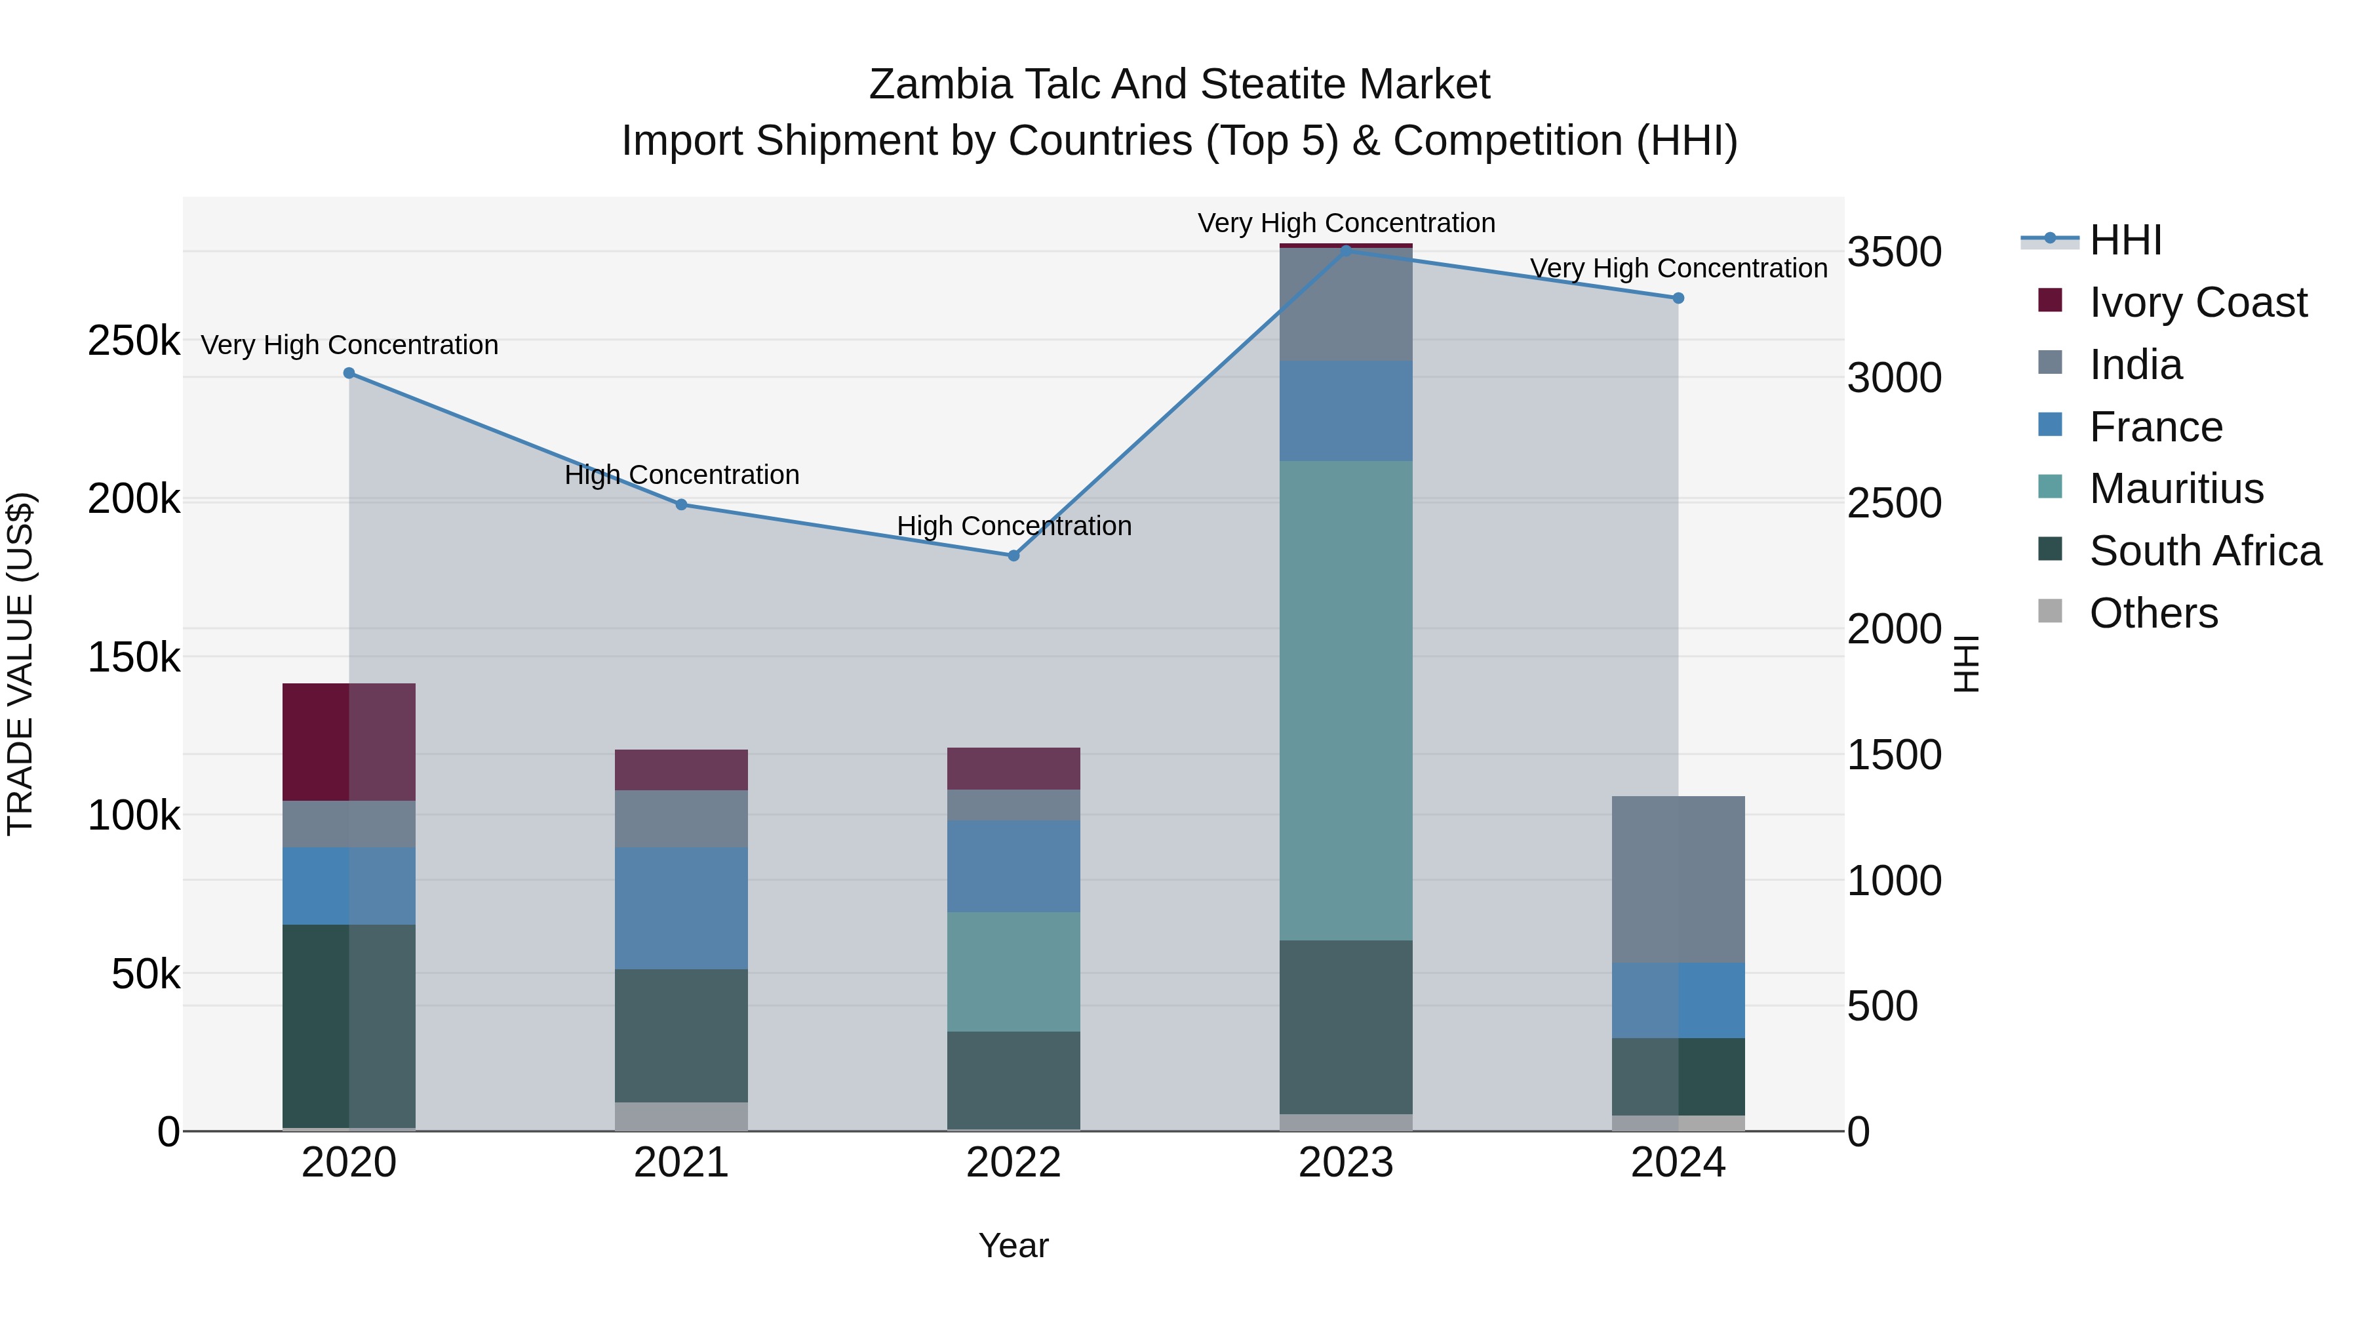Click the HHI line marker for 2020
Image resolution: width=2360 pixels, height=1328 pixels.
(349, 373)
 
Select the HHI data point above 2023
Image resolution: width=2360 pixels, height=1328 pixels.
(1346, 249)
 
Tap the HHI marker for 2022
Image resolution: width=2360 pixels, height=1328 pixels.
(1013, 555)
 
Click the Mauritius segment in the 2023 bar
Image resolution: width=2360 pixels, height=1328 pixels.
(1346, 701)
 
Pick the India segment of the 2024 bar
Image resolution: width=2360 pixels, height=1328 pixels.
(1678, 880)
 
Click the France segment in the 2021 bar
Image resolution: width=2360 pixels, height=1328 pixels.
(680, 908)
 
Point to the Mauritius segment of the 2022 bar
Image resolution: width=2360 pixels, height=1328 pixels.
(1013, 971)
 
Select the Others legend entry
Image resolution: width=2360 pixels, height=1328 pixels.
(2153, 613)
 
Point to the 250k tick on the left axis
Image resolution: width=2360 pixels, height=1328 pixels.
(134, 341)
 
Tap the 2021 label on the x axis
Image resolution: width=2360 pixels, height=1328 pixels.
(680, 1163)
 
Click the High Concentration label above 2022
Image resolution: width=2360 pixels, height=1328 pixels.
(1013, 526)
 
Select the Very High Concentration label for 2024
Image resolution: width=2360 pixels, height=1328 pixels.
(1678, 268)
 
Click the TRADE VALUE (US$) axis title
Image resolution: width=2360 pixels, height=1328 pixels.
(20, 664)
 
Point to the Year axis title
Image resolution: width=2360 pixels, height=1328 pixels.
(1013, 1245)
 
